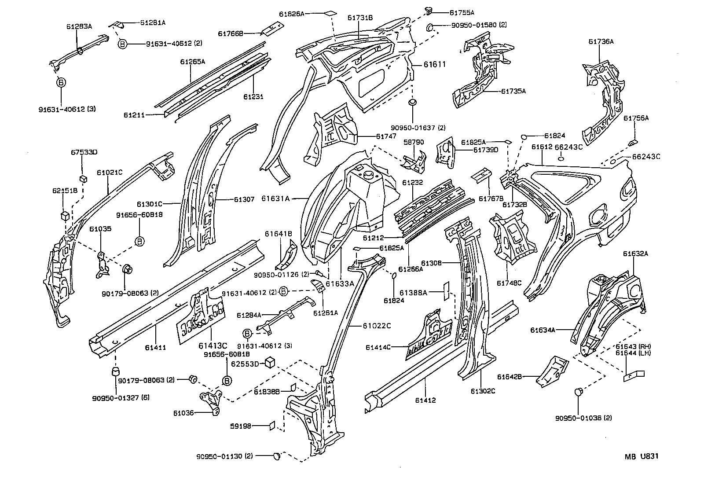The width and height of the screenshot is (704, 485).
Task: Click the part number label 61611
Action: click(x=435, y=65)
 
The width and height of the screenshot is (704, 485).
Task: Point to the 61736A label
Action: click(x=601, y=42)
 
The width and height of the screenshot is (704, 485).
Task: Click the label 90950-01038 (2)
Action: click(x=583, y=418)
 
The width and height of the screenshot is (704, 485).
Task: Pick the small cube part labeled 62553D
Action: click(x=270, y=362)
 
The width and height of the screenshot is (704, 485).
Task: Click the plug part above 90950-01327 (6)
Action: click(x=115, y=371)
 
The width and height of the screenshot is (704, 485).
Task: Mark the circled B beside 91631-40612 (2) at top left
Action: click(x=122, y=43)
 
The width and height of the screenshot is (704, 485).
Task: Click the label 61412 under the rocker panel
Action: click(x=425, y=400)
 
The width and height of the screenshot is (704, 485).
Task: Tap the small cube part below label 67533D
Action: click(x=83, y=178)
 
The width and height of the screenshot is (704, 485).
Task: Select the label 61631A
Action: click(x=275, y=198)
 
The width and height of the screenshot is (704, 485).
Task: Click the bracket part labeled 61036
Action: click(x=211, y=401)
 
